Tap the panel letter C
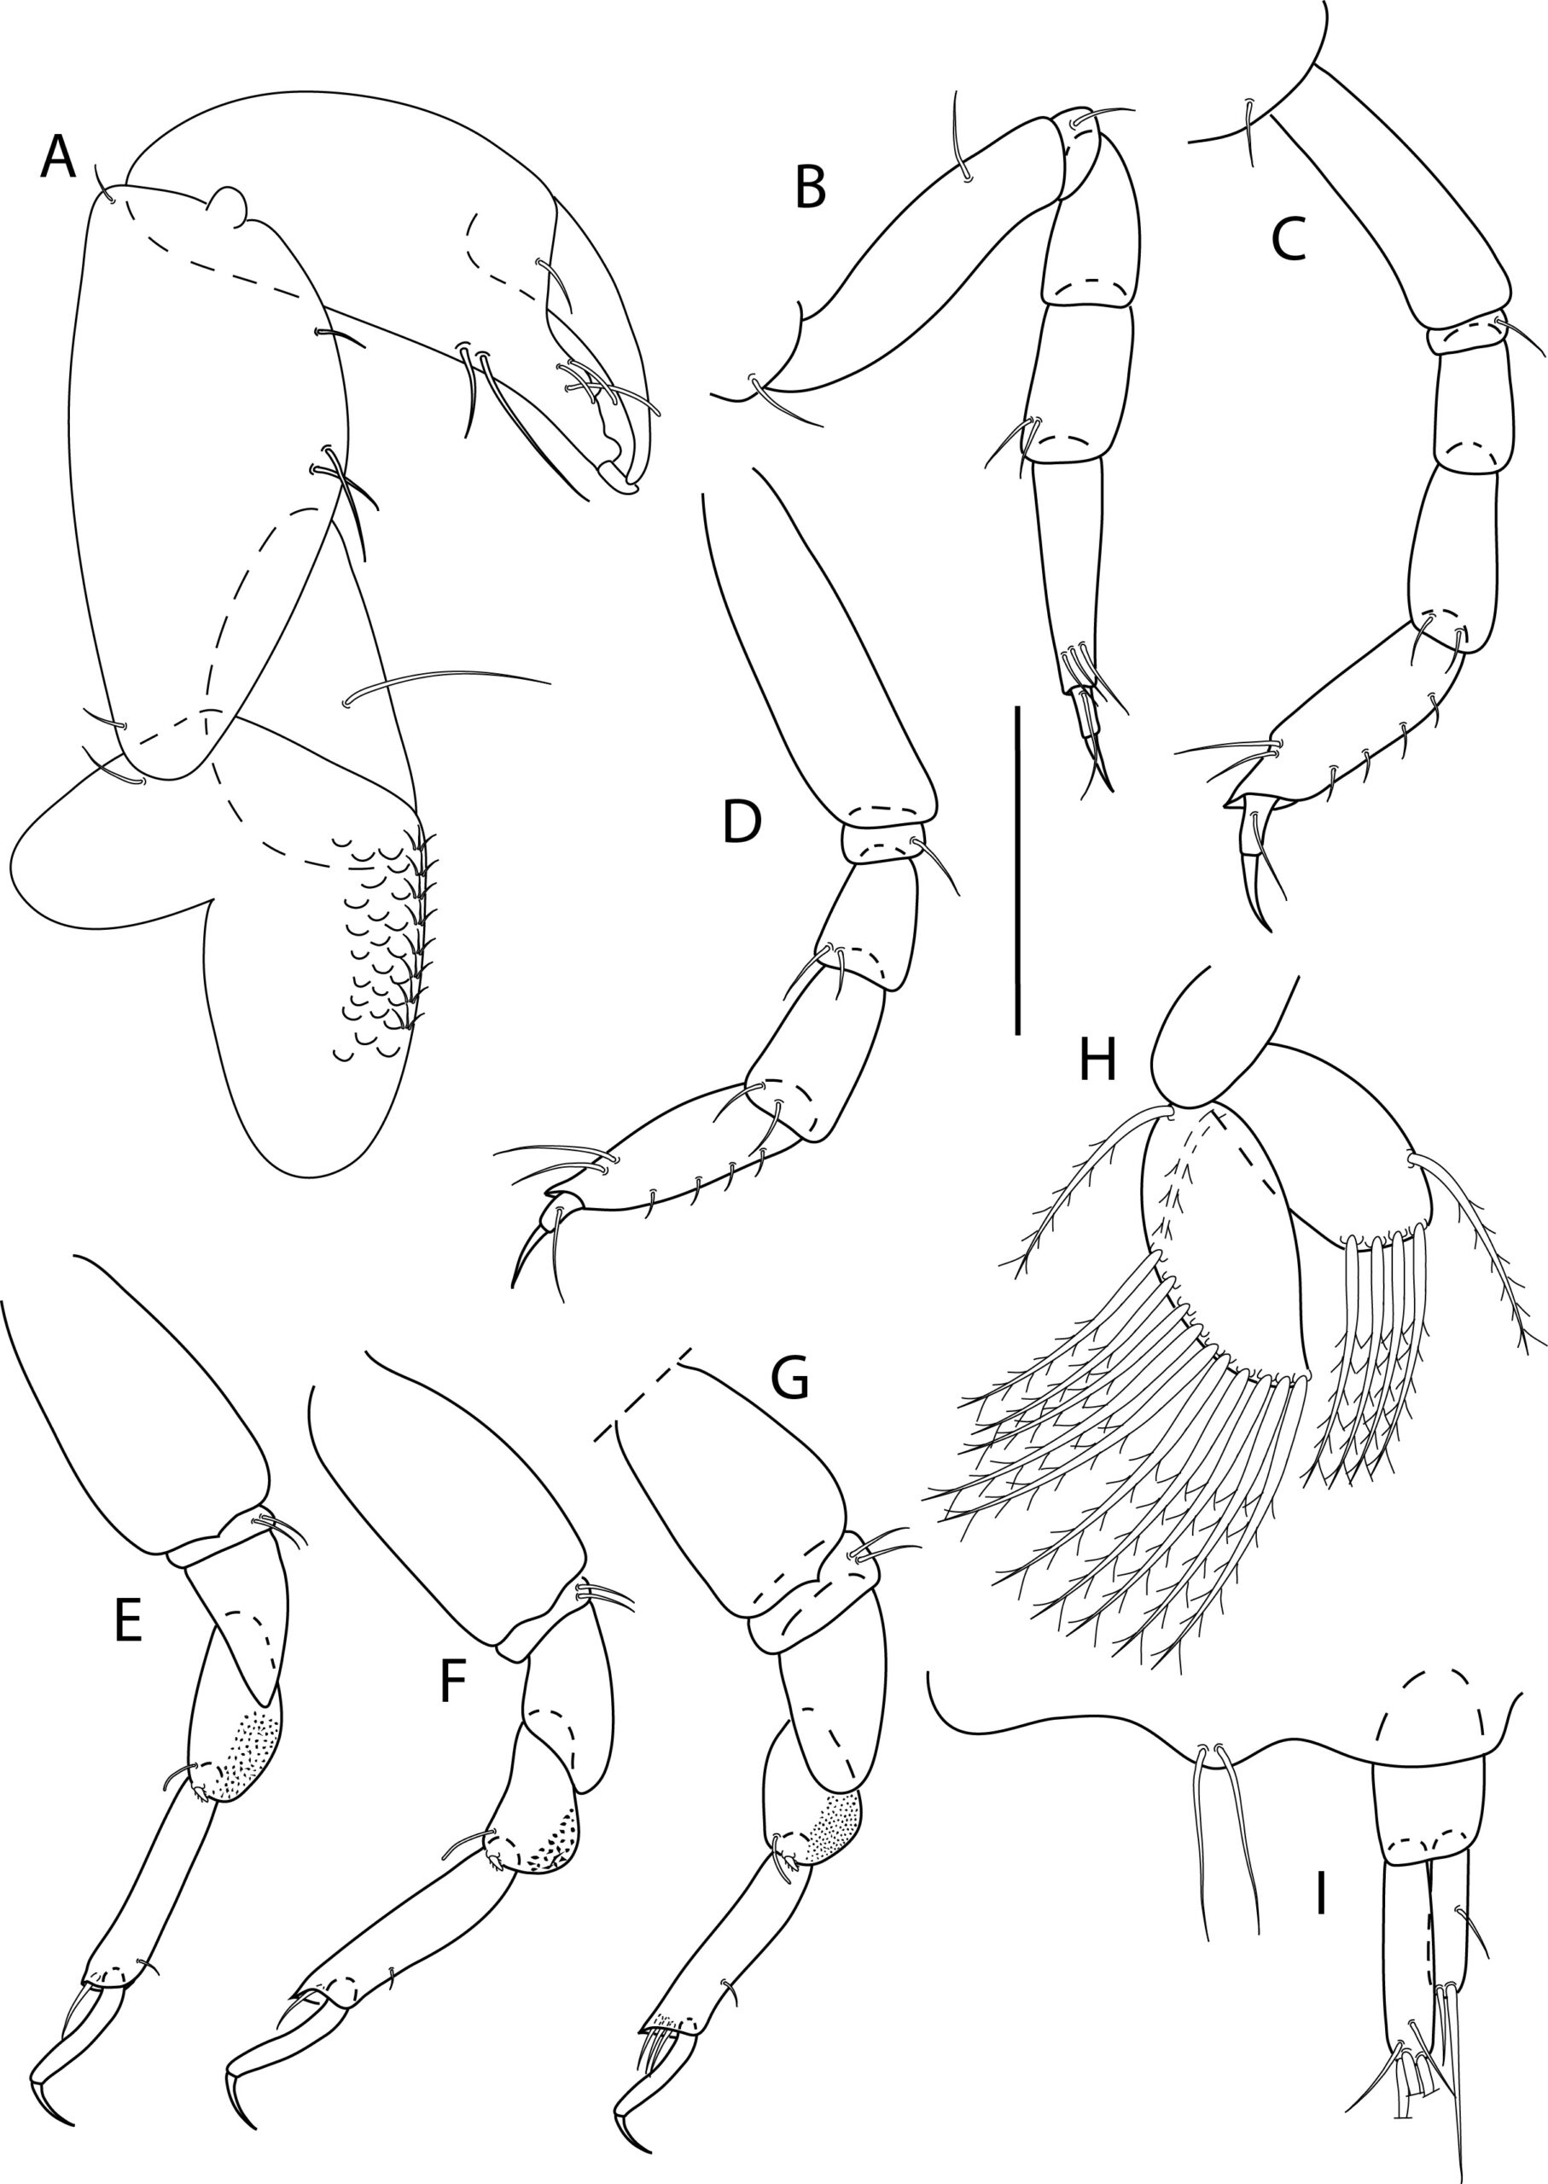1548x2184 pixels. pyautogui.click(x=1289, y=244)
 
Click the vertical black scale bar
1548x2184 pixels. pyautogui.click(x=1019, y=869)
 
